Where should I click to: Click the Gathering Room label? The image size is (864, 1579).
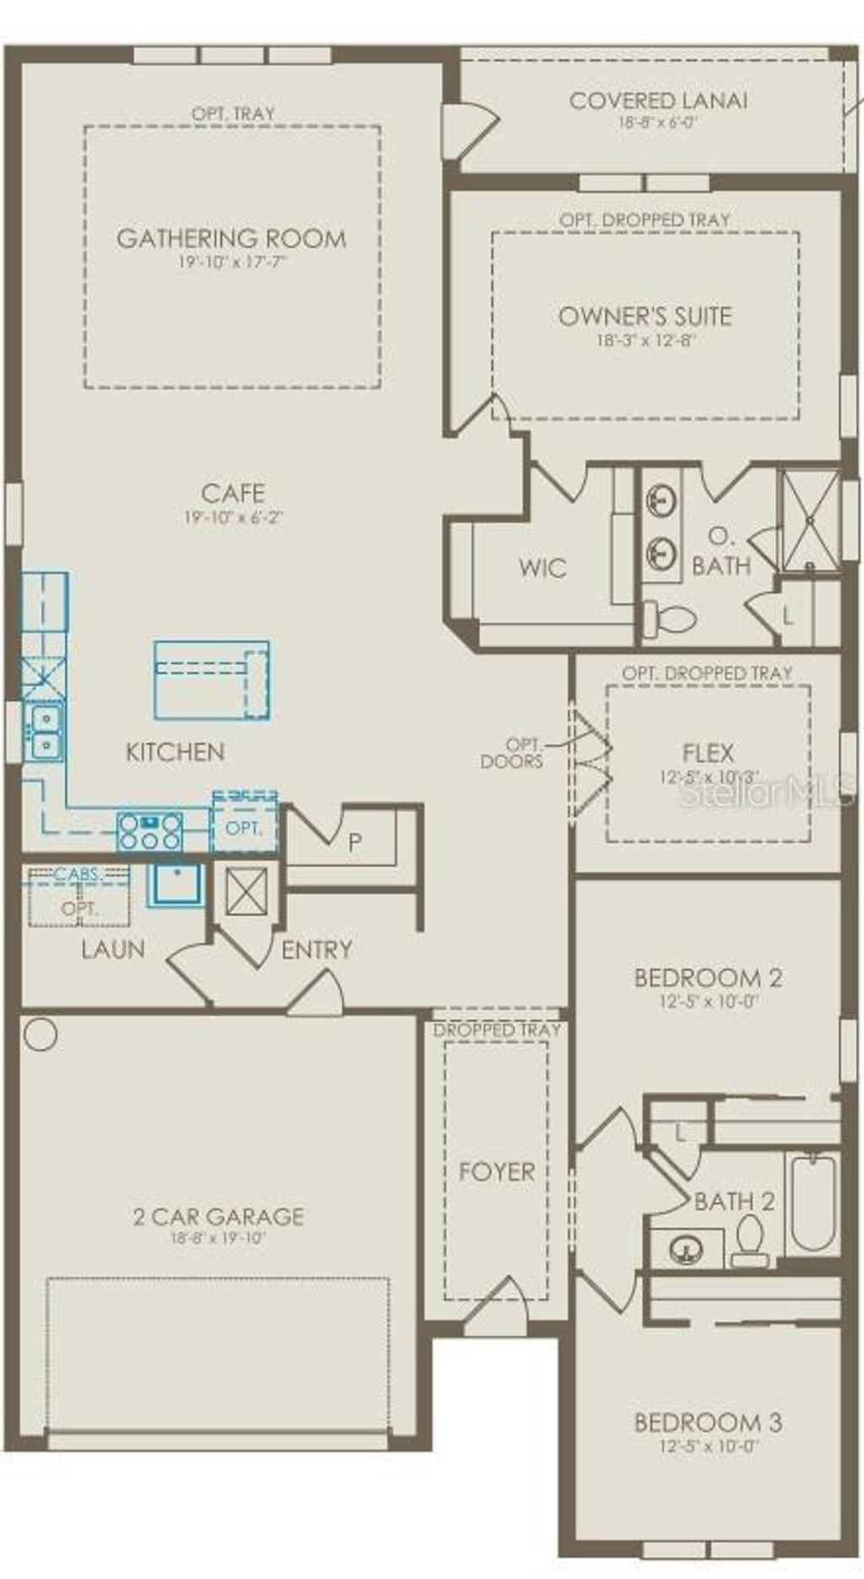tap(231, 238)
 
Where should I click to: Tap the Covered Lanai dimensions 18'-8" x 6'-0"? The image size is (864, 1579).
tap(657, 122)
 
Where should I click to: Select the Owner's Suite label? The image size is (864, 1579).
tap(645, 316)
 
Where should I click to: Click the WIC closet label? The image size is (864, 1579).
tap(543, 567)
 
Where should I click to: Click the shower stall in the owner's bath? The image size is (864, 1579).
tap(809, 521)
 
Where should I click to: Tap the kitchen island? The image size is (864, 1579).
tap(212, 680)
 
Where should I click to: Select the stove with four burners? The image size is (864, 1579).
tap(150, 830)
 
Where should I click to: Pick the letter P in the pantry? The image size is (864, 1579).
tap(355, 841)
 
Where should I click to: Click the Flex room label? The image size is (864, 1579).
tap(708, 752)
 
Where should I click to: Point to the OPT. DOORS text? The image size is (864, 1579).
tap(512, 753)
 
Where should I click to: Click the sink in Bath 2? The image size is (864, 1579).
tap(686, 1249)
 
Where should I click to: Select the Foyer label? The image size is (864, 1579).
tap(496, 1171)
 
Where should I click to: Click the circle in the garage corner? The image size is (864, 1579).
tap(40, 1034)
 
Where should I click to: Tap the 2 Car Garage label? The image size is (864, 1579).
tap(219, 1216)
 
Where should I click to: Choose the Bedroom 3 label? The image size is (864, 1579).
tap(708, 1422)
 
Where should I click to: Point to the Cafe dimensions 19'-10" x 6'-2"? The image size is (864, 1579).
tap(233, 517)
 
